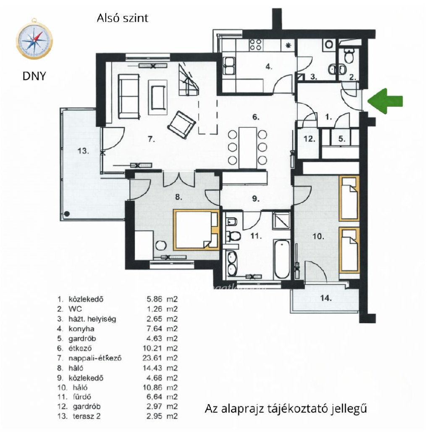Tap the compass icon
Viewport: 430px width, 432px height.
coord(34,40)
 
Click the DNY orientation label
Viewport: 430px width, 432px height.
coord(34,76)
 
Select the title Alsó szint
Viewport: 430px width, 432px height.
coord(123,18)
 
